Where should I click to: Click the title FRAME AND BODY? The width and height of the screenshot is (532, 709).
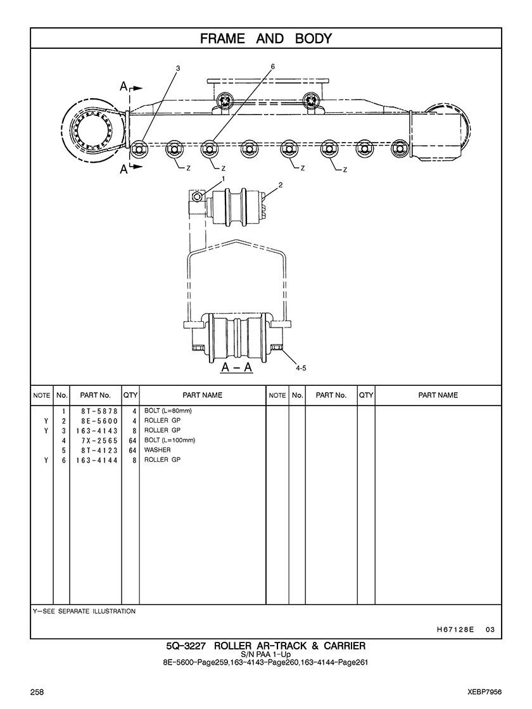click(265, 39)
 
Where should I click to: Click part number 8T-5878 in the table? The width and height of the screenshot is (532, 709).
click(95, 411)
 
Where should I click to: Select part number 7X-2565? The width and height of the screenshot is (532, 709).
click(95, 440)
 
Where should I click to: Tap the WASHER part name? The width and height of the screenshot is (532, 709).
click(157, 450)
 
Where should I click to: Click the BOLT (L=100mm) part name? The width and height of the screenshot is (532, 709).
click(170, 440)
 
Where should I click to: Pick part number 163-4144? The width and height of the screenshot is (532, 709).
click(95, 460)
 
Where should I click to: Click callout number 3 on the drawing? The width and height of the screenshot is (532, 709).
click(178, 68)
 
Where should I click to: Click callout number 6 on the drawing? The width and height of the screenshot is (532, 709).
click(272, 67)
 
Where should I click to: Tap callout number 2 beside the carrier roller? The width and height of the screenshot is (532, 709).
click(280, 185)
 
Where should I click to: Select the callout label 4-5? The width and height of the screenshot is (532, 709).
click(300, 367)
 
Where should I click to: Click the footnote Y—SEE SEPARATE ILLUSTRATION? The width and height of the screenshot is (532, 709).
click(84, 611)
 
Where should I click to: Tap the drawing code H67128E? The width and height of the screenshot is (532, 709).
click(455, 630)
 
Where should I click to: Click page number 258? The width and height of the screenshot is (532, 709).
click(37, 691)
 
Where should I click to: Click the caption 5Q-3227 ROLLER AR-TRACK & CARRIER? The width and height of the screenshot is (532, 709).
click(265, 646)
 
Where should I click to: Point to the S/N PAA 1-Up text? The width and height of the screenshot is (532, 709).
click(265, 655)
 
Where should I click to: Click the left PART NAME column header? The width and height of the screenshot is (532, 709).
click(202, 395)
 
